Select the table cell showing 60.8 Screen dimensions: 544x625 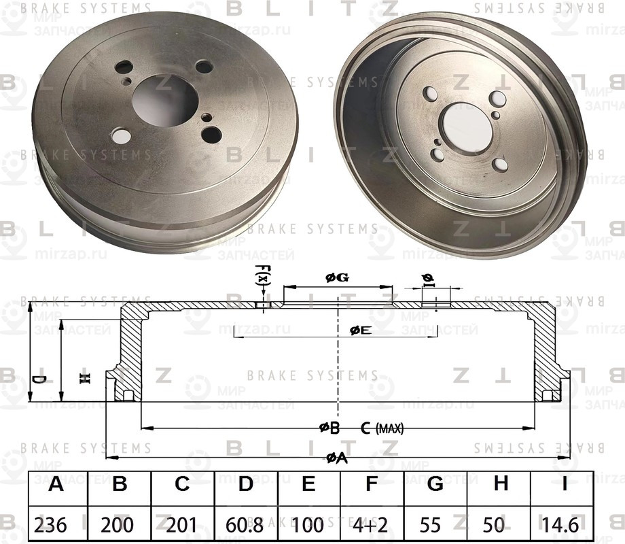pos(245,524)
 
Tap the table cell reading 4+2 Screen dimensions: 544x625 pos(371,524)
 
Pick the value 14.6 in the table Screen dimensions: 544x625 pos(561,524)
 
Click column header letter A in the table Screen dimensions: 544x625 pos(57,485)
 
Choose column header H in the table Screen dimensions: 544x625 pos(501,485)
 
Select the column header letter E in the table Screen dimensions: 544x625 pos(308,485)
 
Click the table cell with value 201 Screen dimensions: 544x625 pos(182,524)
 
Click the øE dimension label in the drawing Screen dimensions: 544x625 pos(360,330)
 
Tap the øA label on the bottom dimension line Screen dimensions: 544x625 pos(336,458)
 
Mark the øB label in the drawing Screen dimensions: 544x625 pos(329,428)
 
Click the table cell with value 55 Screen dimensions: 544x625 pos(435,524)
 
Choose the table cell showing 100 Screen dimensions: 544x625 pos(308,524)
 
